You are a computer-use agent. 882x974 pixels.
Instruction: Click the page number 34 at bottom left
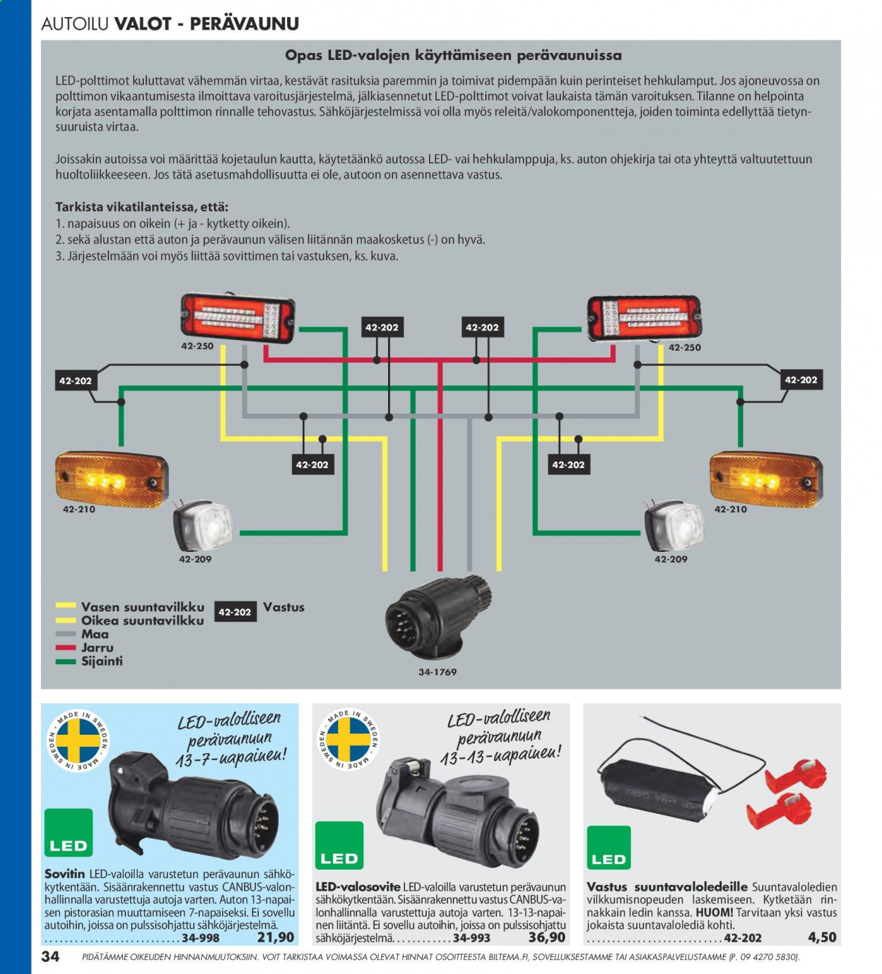tap(51, 956)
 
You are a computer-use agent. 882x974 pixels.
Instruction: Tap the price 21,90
tap(276, 937)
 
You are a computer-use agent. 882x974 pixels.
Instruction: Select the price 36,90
tap(547, 937)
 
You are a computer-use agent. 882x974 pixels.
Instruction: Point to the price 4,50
tap(822, 937)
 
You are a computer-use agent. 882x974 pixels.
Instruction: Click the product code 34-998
tap(200, 938)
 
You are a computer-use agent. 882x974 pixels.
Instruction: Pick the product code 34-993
tap(471, 938)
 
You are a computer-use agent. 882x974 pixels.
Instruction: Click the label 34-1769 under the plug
tap(437, 672)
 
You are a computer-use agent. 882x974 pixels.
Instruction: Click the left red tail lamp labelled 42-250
tap(238, 318)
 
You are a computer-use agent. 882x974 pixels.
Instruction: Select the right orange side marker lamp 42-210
tap(766, 480)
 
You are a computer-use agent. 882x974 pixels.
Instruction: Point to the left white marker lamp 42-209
tap(203, 525)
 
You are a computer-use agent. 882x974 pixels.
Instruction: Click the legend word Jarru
tap(97, 647)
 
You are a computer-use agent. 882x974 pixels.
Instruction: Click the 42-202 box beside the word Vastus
tap(235, 612)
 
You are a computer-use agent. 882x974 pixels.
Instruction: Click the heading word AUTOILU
tap(75, 23)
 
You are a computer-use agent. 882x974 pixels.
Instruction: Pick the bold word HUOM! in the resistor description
tap(714, 913)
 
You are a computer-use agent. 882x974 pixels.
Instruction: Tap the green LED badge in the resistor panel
tap(609, 847)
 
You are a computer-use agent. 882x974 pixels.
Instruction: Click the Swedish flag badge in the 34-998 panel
tap(78, 740)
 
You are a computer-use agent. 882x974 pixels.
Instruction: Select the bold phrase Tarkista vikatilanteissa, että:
tap(142, 207)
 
